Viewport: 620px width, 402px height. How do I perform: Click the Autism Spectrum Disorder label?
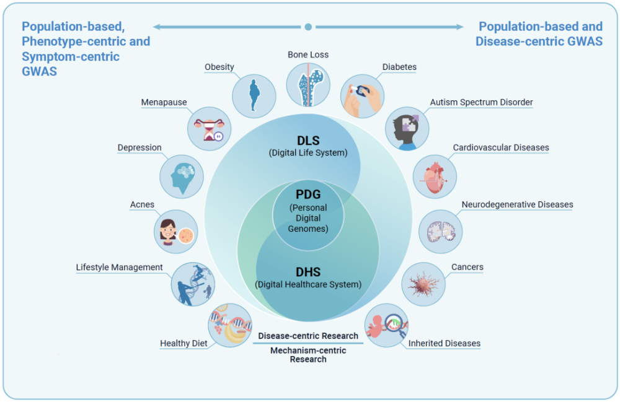click(481, 102)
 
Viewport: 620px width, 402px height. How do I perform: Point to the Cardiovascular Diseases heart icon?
click(435, 177)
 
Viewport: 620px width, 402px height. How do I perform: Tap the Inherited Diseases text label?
click(444, 343)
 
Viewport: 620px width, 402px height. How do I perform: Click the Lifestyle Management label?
click(120, 268)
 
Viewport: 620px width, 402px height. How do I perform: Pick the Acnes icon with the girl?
click(176, 231)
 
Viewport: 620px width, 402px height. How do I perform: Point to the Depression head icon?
click(182, 176)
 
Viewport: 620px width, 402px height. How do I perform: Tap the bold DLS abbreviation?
click(308, 140)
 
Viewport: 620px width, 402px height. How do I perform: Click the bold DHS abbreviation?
click(308, 272)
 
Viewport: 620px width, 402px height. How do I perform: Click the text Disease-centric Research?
click(308, 336)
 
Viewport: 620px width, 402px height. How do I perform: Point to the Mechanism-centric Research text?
click(308, 355)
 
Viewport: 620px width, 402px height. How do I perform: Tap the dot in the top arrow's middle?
click(308, 27)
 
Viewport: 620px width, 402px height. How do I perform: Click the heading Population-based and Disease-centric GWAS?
click(539, 34)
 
